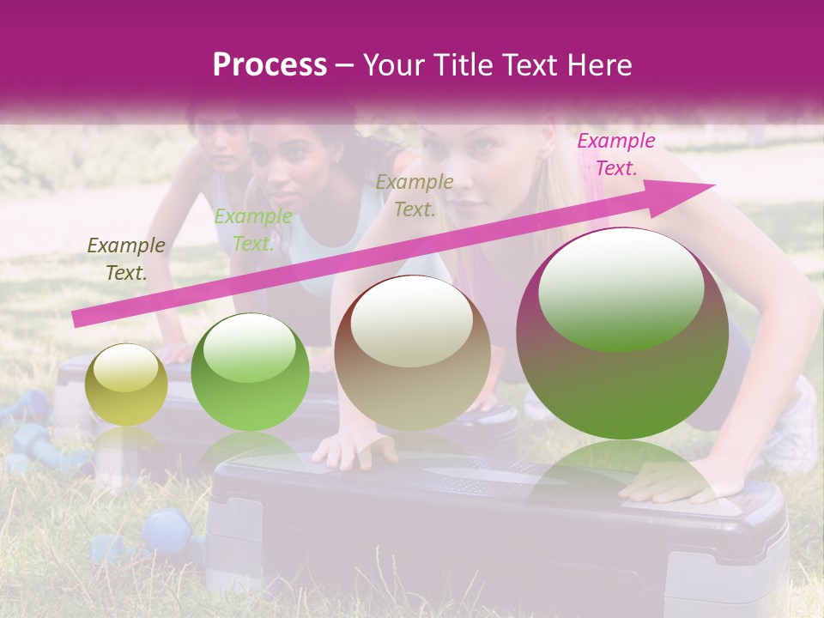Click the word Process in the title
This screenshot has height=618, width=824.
tap(270, 65)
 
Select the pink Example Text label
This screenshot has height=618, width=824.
tap(615, 154)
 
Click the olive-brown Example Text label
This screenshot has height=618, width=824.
tap(126, 259)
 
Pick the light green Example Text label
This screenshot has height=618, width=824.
tap(253, 230)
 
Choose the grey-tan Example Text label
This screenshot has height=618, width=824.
tap(415, 195)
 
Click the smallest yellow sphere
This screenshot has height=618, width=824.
tap(126, 385)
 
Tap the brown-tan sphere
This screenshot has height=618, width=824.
tap(412, 352)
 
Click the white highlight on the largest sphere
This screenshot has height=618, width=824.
tap(621, 289)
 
